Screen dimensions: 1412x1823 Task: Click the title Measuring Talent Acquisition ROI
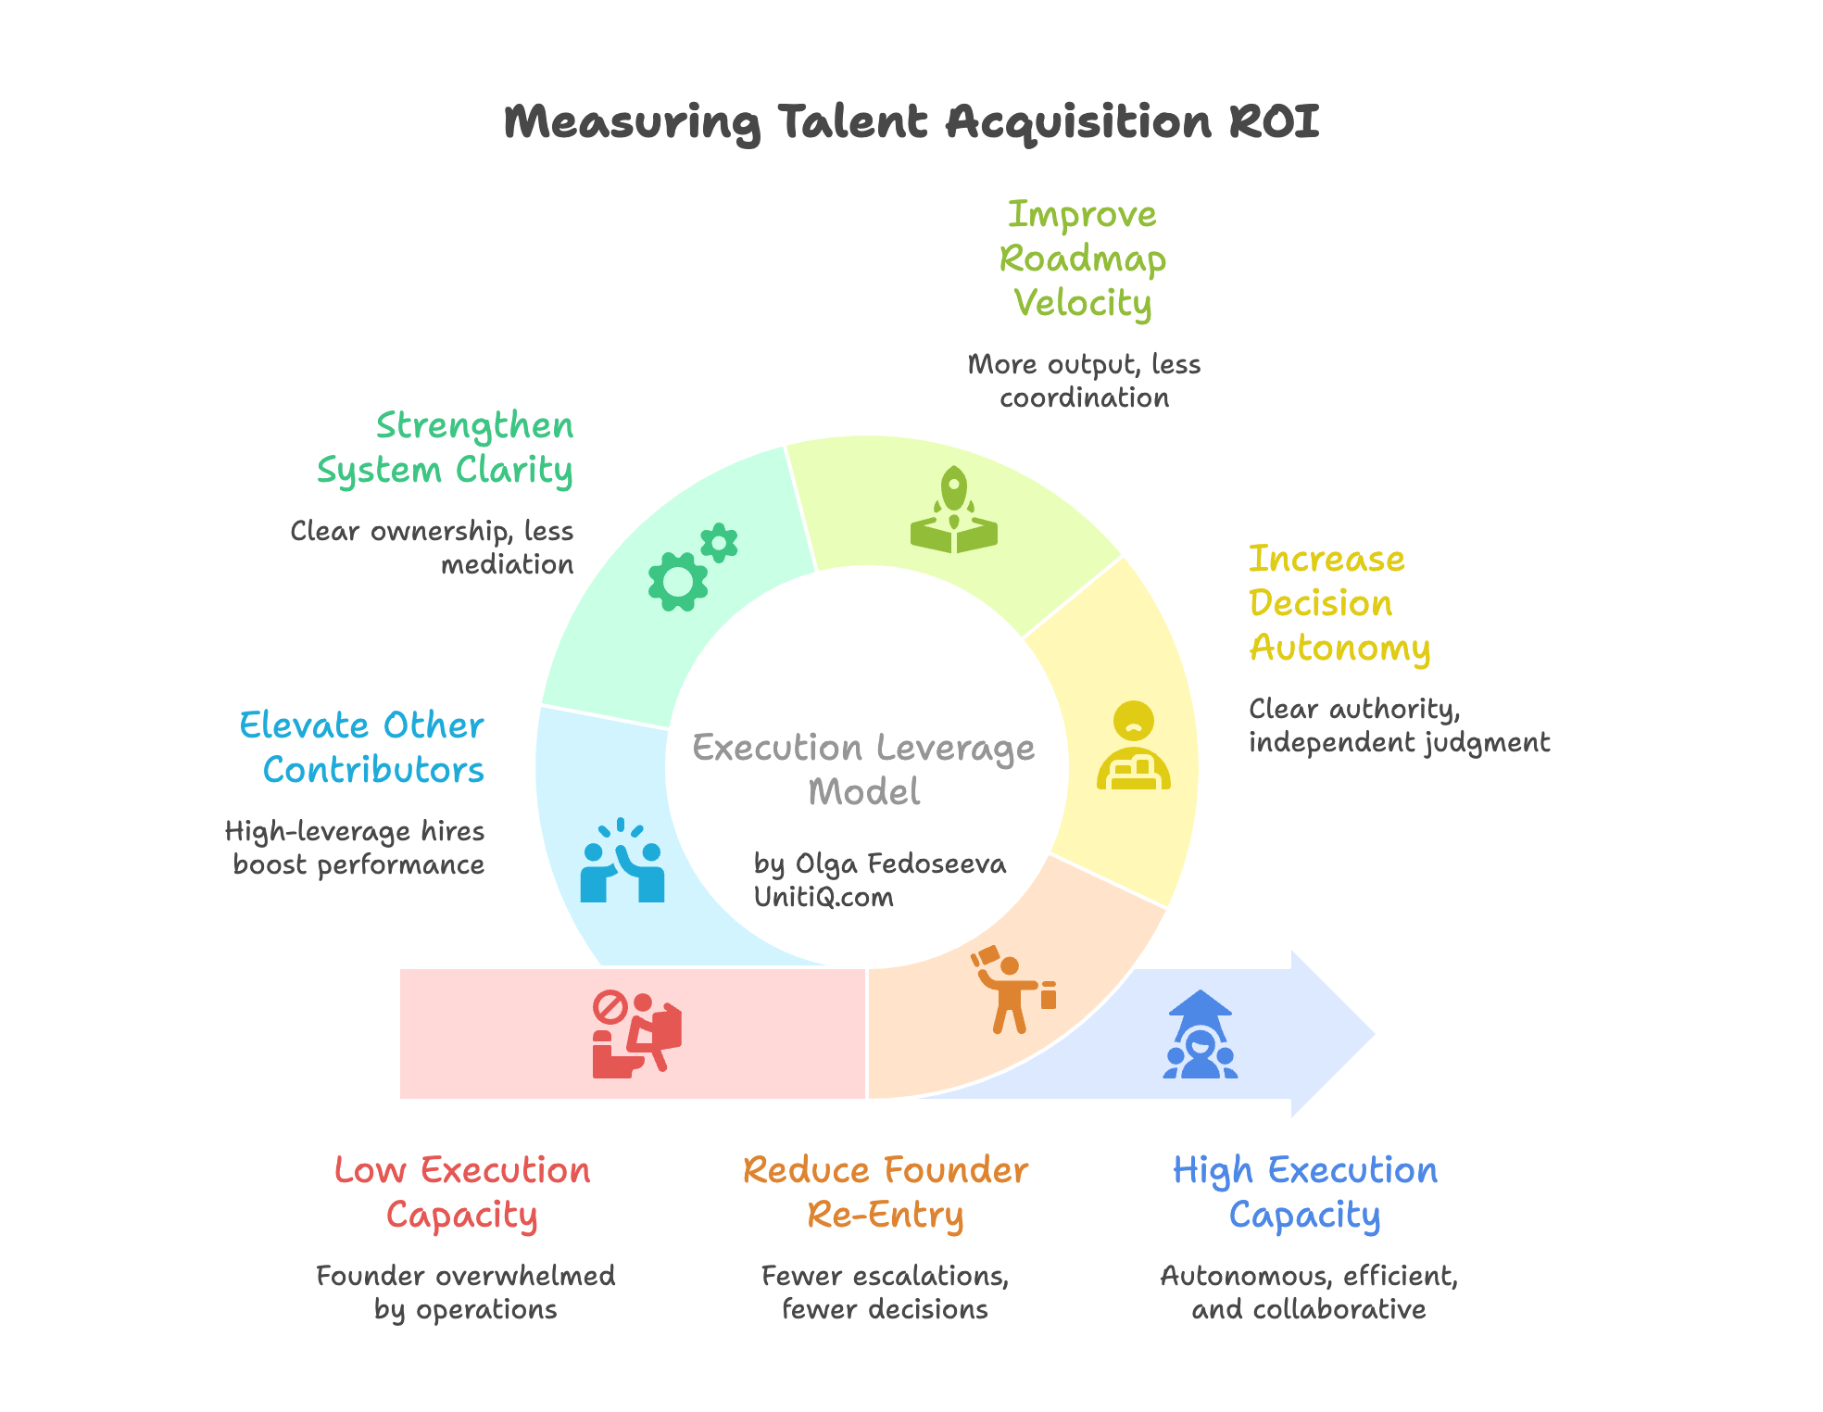coord(911,122)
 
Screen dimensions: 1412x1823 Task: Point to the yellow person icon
coord(1133,746)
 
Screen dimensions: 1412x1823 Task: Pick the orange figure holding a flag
coord(1012,990)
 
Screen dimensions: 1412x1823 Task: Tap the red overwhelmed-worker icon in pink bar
coord(636,1034)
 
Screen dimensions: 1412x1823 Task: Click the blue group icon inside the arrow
coord(1200,1035)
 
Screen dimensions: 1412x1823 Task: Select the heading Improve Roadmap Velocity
coord(1082,259)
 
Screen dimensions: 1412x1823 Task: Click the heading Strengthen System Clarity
coord(446,448)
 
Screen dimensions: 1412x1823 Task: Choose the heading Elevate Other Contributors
coord(362,748)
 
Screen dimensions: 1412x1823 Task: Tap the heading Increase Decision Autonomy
coord(1339,604)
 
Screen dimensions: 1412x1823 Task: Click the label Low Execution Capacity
coord(461,1192)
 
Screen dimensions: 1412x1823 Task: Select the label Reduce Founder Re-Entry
coord(885,1192)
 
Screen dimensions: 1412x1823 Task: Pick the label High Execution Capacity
coord(1304,1192)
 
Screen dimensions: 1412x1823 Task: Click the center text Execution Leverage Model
coord(863,769)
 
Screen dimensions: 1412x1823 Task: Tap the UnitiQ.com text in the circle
coord(823,898)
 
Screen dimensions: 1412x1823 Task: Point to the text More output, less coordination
coord(1083,381)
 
